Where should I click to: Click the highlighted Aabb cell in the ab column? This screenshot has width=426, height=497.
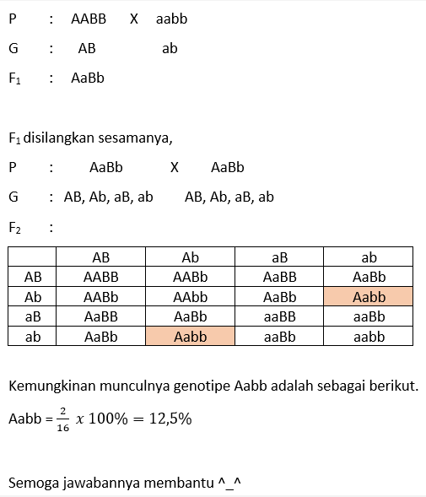(x=369, y=297)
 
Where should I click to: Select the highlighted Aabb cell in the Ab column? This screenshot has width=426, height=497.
(x=190, y=337)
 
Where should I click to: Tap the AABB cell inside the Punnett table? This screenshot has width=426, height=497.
(x=100, y=277)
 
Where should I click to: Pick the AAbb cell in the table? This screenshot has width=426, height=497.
(x=190, y=297)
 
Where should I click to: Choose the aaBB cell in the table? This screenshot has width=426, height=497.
(x=279, y=316)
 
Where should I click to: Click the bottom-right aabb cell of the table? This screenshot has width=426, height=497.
(x=369, y=337)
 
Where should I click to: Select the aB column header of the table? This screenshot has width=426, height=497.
(x=279, y=257)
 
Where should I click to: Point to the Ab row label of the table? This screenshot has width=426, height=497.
(x=33, y=297)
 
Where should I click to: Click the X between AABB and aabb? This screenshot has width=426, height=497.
(x=134, y=19)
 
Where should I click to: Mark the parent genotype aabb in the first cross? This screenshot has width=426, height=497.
(x=172, y=19)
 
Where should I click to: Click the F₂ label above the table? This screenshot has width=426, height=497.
(x=15, y=228)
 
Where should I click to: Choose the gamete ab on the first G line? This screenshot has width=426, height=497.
(x=170, y=49)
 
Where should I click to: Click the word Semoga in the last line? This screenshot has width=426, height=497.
(x=31, y=483)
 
